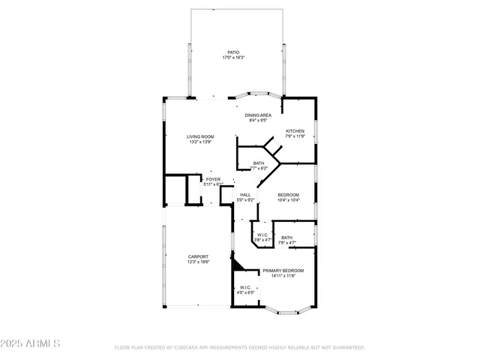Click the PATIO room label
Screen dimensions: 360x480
pyautogui.click(x=234, y=53)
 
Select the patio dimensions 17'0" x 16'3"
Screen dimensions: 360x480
pyautogui.click(x=234, y=58)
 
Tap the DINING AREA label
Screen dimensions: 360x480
pyautogui.click(x=258, y=115)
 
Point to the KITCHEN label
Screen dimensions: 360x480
pyautogui.click(x=295, y=131)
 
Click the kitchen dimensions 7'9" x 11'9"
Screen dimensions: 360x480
pyautogui.click(x=295, y=136)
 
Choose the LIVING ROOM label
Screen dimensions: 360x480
pyautogui.click(x=200, y=136)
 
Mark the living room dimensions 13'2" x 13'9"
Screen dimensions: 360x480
pyautogui.click(x=200, y=141)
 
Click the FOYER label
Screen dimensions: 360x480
pyautogui.click(x=214, y=179)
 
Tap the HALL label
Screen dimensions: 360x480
pyautogui.click(x=245, y=195)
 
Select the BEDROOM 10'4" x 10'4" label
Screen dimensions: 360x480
pyautogui.click(x=289, y=195)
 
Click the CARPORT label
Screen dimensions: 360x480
pyautogui.click(x=198, y=256)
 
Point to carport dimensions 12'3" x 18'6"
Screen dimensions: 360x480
pyautogui.click(x=198, y=262)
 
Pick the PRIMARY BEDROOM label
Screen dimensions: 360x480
pyautogui.click(x=283, y=270)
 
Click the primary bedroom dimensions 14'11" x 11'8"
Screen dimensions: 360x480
pyautogui.click(x=283, y=275)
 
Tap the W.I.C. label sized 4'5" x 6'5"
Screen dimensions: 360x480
pyautogui.click(x=245, y=287)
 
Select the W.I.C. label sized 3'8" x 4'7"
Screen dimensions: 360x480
pyautogui.click(x=262, y=235)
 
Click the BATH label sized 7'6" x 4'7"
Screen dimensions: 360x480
pyautogui.click(x=287, y=238)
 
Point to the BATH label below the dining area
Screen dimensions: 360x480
pyautogui.click(x=258, y=163)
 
